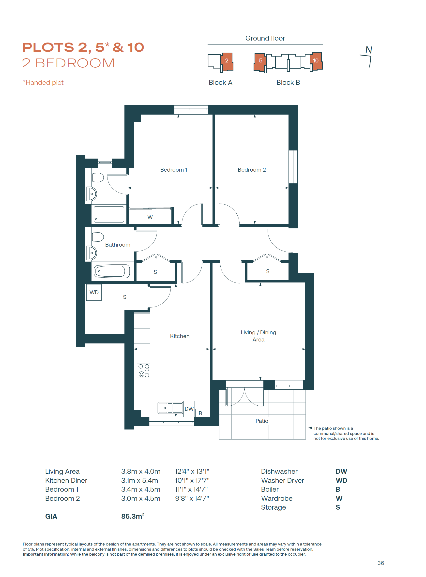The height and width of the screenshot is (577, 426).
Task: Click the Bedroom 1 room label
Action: pyautogui.click(x=174, y=170)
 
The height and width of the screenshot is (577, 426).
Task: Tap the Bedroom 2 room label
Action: pyautogui.click(x=252, y=170)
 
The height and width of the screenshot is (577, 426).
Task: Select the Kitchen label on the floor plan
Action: pyautogui.click(x=180, y=336)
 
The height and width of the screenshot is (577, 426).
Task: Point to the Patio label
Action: pyautogui.click(x=262, y=421)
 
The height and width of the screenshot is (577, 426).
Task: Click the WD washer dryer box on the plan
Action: pyautogui.click(x=94, y=292)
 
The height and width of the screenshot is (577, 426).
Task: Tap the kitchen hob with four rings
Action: pyautogui.click(x=144, y=370)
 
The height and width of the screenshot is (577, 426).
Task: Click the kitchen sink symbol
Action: pyautogui.click(x=170, y=408)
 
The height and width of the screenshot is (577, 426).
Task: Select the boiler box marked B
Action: pyautogui.click(x=200, y=413)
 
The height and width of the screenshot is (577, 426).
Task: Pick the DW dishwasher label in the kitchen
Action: pyautogui.click(x=189, y=409)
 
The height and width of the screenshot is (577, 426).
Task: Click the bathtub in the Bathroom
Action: pyautogui.click(x=112, y=271)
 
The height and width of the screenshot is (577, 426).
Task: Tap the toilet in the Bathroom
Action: pyautogui.click(x=98, y=237)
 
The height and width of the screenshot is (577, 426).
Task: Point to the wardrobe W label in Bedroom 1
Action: pyautogui.click(x=150, y=217)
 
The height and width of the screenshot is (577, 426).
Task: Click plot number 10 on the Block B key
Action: pyautogui.click(x=316, y=60)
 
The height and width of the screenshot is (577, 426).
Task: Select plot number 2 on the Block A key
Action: pyautogui.click(x=227, y=60)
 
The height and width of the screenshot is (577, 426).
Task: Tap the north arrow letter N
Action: pyautogui.click(x=369, y=50)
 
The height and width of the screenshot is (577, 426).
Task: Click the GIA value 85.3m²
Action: pyautogui.click(x=133, y=516)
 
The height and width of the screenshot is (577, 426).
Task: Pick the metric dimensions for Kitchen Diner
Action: pyautogui.click(x=140, y=480)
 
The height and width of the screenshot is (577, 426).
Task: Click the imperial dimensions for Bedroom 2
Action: pyautogui.click(x=192, y=498)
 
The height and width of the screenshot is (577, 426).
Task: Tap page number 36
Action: pyautogui.click(x=380, y=563)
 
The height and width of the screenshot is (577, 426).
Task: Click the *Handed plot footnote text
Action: pyautogui.click(x=43, y=82)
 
